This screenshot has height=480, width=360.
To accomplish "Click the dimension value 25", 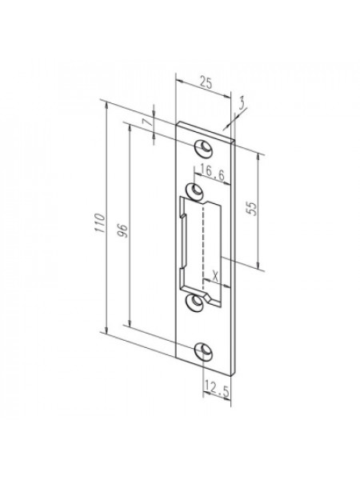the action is [x=206, y=82].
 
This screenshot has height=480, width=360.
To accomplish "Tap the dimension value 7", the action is [x=147, y=122].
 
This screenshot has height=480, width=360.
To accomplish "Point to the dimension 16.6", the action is [x=213, y=173].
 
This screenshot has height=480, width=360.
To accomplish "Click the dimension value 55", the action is [x=252, y=209].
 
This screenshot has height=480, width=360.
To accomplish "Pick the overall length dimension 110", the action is [x=100, y=223].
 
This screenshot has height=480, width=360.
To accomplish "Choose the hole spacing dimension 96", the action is [x=122, y=230].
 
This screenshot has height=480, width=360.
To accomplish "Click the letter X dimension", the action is [x=216, y=277].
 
